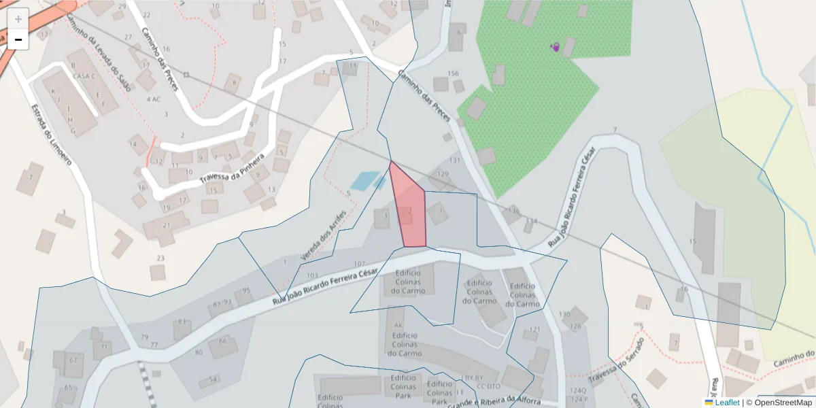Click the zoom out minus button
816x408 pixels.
click(x=18, y=39)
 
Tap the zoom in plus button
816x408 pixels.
click(x=18, y=18)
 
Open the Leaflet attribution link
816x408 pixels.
click(x=721, y=403)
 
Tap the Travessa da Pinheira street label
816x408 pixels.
click(x=231, y=170)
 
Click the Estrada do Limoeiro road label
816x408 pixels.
click(x=51, y=135)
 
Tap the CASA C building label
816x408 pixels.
click(x=84, y=75)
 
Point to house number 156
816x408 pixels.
click(x=453, y=73)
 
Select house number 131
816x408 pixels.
click(x=455, y=160)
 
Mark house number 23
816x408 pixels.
click(x=160, y=258)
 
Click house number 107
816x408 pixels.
click(x=360, y=263)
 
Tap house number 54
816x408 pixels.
click(x=214, y=379)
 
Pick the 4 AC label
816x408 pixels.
click(x=154, y=99)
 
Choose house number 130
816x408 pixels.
click(x=564, y=314)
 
